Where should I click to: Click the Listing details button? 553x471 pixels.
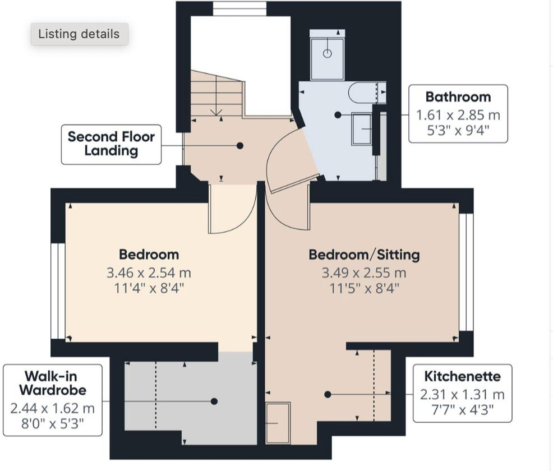point(79,34)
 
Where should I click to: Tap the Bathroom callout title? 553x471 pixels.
point(458,97)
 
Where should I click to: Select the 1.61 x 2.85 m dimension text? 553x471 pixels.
point(458,116)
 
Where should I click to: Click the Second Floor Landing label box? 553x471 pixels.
point(111,144)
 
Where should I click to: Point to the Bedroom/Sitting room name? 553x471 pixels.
point(364,255)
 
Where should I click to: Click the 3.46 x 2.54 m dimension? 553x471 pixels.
point(149,274)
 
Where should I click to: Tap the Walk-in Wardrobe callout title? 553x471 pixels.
point(53,382)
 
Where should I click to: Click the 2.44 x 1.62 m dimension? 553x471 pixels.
point(53,408)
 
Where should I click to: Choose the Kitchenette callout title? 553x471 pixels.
point(462,376)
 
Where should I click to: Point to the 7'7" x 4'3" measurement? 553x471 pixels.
point(462,409)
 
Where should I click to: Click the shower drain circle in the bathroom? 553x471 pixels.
point(328,53)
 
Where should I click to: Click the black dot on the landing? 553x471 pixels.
point(239,145)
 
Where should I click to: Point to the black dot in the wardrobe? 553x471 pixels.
point(214,401)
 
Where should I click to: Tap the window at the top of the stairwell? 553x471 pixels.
point(239,8)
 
